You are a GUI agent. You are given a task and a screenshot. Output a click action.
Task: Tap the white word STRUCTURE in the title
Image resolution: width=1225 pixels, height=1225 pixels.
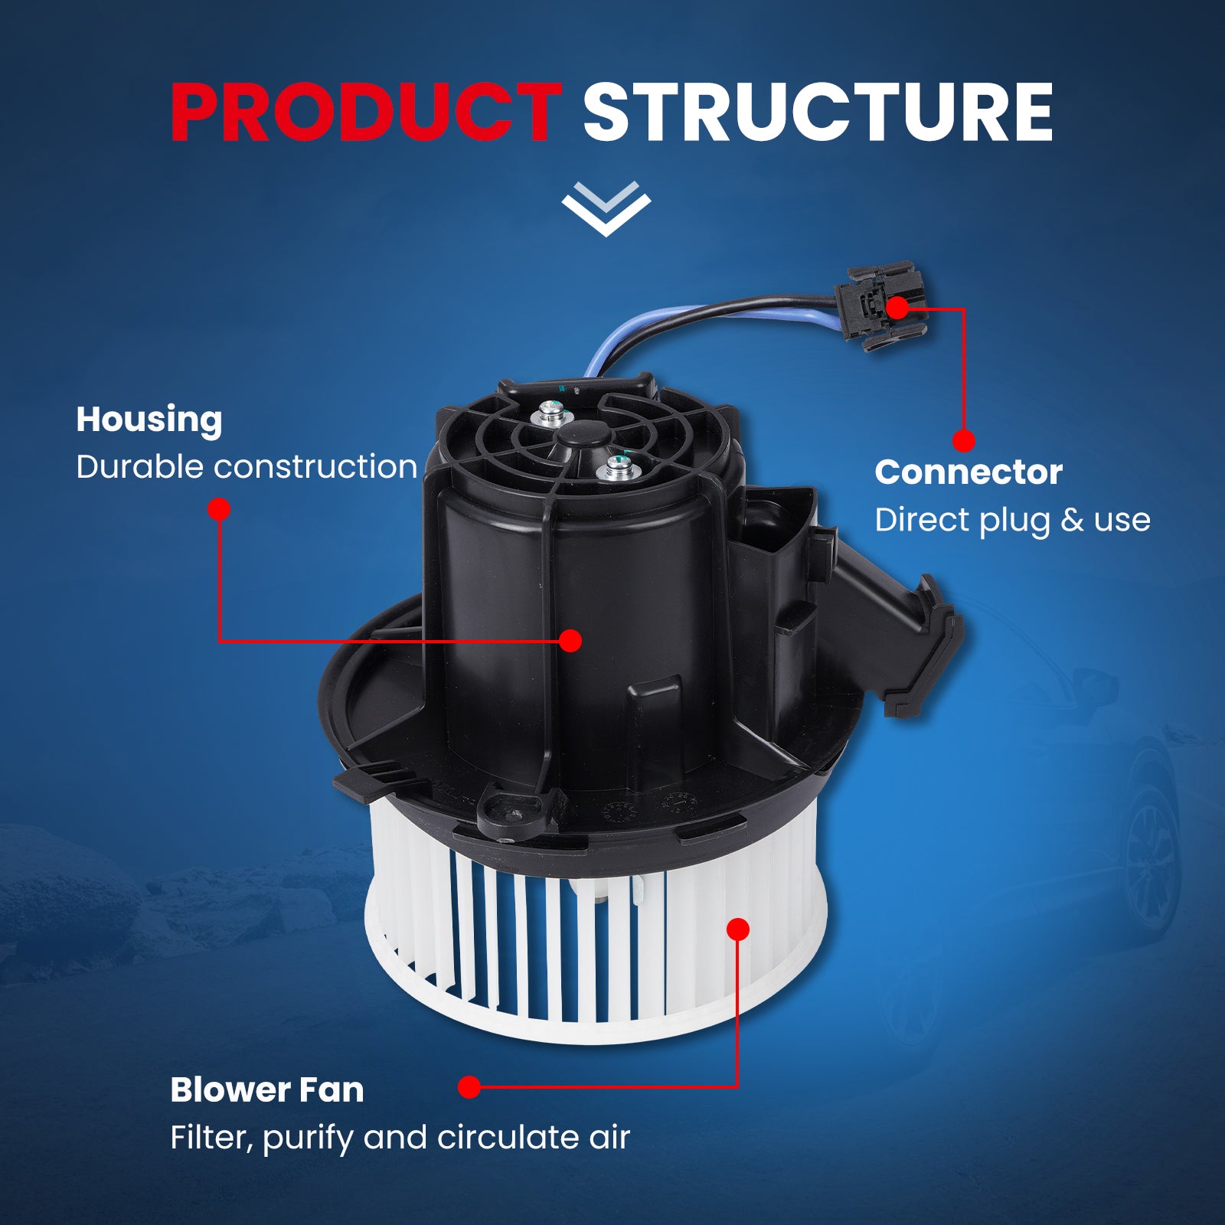point(818,113)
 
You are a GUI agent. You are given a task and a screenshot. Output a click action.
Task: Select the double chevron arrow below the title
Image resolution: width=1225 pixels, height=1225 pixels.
point(606,208)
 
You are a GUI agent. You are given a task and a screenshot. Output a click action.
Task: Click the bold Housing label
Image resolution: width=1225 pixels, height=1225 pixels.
point(149,420)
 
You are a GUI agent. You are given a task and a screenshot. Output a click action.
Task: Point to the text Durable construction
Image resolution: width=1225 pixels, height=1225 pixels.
point(247,466)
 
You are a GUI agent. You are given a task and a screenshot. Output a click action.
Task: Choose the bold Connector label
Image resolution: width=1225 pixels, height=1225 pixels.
point(969,472)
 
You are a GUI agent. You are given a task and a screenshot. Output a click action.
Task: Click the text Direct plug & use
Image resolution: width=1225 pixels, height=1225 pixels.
point(1012,520)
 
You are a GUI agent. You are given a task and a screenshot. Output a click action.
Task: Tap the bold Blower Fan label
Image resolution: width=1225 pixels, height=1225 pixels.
point(266,1089)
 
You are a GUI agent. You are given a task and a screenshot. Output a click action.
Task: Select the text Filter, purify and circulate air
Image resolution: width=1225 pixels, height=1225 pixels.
point(400,1138)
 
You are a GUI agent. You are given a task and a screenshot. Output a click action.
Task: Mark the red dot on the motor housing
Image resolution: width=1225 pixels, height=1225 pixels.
point(570,641)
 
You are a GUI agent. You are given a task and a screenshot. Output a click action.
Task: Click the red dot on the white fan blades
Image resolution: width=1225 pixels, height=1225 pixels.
point(738,929)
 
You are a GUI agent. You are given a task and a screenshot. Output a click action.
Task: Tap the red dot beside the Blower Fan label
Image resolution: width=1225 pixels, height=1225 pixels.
point(469,1086)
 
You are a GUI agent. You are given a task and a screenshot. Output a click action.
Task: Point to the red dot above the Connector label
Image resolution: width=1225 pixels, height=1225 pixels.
point(964,441)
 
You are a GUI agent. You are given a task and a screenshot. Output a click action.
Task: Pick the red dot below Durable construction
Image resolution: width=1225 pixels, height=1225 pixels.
point(219,509)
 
